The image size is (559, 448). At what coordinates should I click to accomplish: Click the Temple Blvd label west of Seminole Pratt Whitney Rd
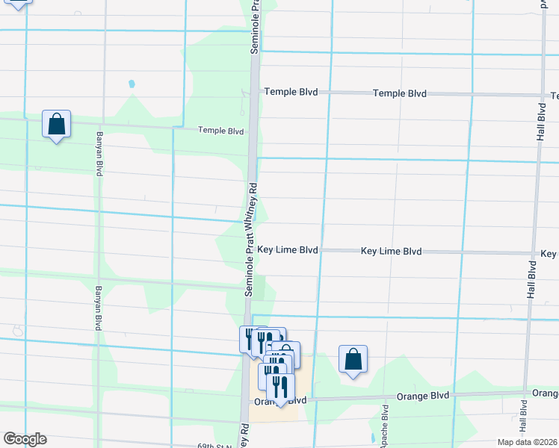pyautogui.click(x=220, y=131)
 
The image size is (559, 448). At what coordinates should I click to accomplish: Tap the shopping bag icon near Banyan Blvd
pyautogui.click(x=56, y=125)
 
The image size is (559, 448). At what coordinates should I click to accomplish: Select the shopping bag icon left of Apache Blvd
pyautogui.click(x=353, y=360)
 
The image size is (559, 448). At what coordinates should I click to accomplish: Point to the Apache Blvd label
pyautogui.click(x=386, y=426)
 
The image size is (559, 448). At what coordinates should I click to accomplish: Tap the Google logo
pyautogui.click(x=25, y=439)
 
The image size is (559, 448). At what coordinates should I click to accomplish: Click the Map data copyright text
pyautogui.click(x=527, y=442)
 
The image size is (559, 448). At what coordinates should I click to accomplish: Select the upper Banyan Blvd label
pyautogui.click(x=99, y=154)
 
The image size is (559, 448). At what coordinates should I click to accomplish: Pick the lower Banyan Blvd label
pyautogui.click(x=99, y=308)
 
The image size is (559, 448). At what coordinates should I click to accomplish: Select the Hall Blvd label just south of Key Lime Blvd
pyautogui.click(x=532, y=280)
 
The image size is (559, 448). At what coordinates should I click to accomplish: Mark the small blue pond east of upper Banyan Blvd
pyautogui.click(x=132, y=84)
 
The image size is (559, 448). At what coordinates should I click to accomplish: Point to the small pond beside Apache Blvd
pyautogui.click(x=371, y=435)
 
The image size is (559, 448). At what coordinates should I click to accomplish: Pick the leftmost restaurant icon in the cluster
pyautogui.click(x=249, y=339)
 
